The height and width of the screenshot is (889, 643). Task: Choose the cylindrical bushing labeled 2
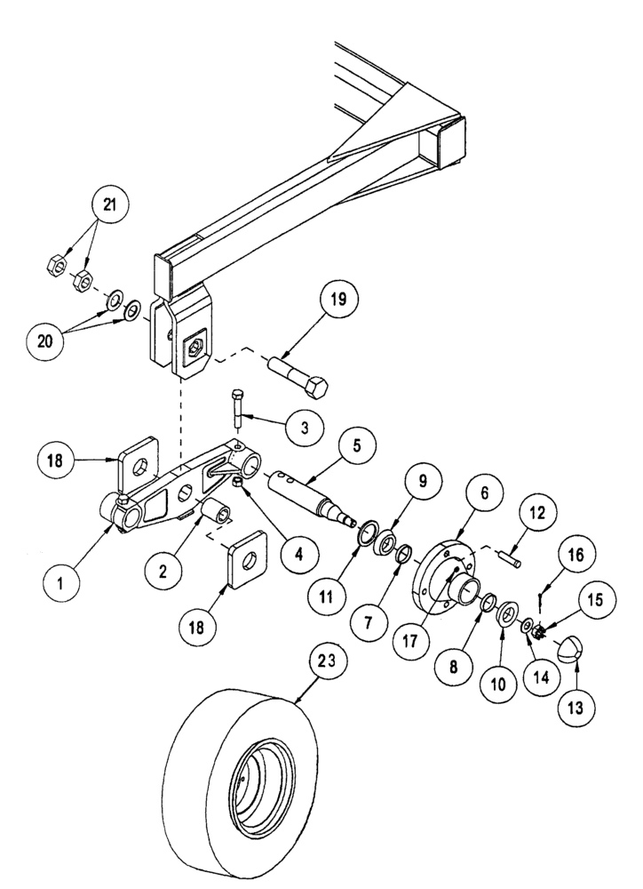tap(218, 516)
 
